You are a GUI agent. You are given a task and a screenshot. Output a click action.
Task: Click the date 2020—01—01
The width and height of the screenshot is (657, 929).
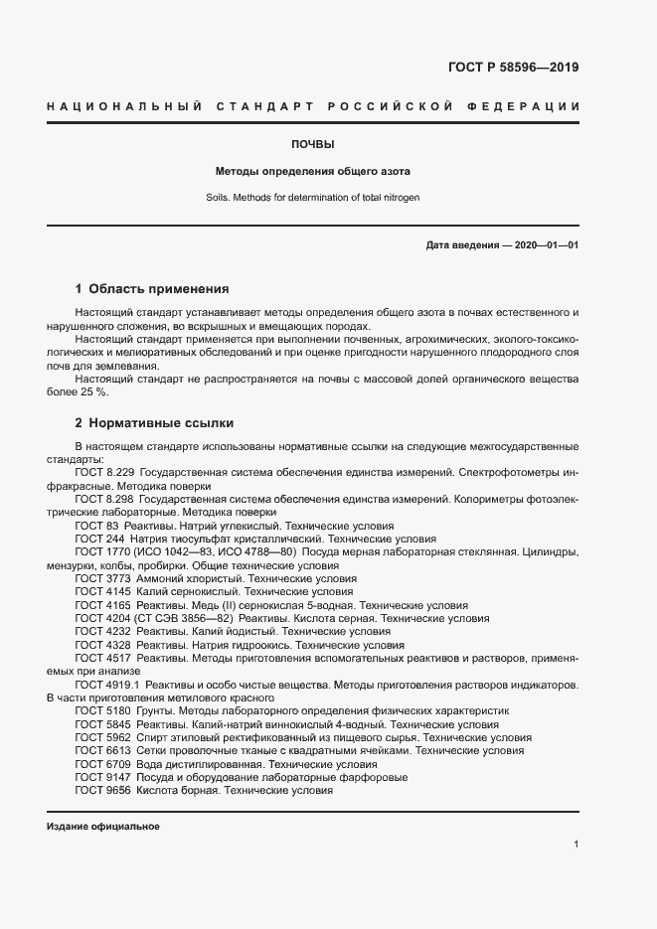(546, 244)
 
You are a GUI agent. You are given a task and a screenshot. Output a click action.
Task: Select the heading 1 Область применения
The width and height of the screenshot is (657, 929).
(152, 289)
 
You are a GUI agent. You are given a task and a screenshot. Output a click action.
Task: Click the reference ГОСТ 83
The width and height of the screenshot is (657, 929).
(96, 525)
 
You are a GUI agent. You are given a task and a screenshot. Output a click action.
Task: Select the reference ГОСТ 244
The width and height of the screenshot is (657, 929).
(99, 538)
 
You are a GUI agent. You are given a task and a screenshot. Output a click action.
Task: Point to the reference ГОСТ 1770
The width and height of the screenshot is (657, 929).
(102, 550)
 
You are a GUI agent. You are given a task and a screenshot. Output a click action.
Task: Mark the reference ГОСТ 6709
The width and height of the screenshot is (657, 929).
(102, 764)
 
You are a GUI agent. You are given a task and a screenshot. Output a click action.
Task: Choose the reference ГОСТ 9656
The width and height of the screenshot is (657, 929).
(102, 790)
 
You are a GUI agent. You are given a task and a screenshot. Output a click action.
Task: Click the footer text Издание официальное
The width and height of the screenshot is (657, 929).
(102, 827)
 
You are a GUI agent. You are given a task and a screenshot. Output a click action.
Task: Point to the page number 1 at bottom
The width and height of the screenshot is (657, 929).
(576, 844)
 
